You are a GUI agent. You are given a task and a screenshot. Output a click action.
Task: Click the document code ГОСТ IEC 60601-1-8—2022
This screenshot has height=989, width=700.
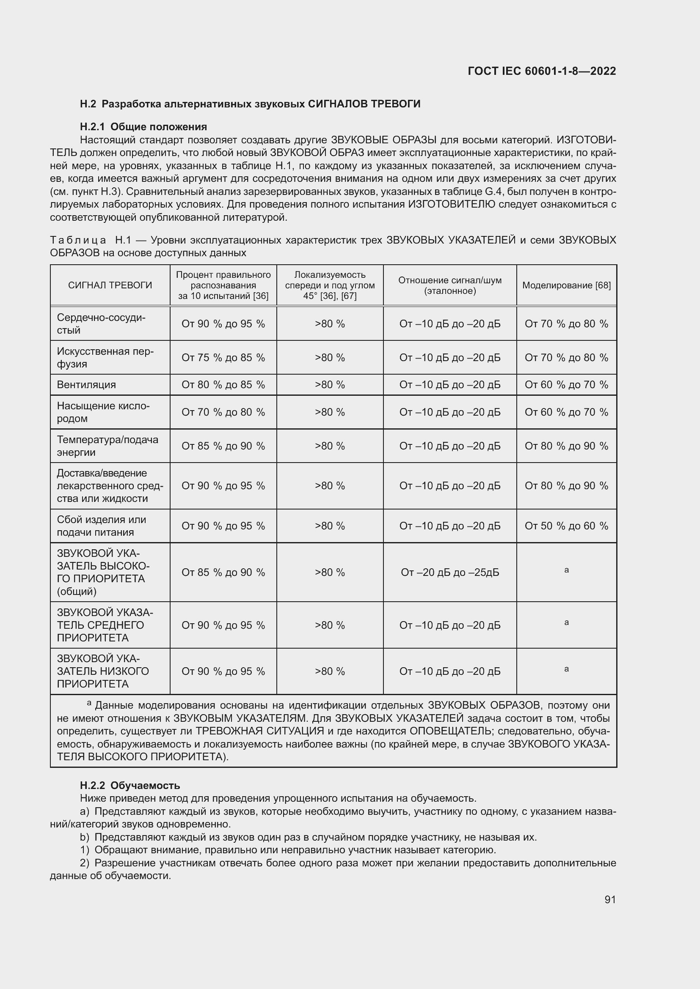tap(541, 71)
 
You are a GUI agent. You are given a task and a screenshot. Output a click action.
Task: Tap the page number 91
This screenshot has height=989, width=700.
tap(610, 899)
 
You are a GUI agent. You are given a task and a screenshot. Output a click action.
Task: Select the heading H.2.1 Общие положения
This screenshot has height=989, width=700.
tap(143, 127)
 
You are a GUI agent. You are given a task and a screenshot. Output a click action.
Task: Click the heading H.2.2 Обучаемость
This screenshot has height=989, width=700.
tap(130, 785)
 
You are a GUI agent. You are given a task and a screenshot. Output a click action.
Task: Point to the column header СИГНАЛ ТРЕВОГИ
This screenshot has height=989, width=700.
tap(110, 285)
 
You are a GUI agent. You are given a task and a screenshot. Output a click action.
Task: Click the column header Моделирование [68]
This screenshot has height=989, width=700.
tap(566, 285)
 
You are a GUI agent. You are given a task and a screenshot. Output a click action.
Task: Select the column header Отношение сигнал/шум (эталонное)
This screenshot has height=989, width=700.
tap(449, 285)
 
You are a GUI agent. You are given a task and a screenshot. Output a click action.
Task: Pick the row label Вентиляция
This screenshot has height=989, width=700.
tap(86, 385)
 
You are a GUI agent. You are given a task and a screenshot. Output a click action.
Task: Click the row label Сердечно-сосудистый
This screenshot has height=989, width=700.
tap(101, 324)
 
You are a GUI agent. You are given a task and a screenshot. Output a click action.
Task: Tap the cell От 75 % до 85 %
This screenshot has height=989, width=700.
tap(223, 358)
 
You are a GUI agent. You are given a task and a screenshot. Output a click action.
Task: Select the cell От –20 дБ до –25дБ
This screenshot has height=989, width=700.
tap(449, 573)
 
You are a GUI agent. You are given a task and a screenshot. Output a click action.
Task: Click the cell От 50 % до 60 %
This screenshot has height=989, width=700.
tap(566, 526)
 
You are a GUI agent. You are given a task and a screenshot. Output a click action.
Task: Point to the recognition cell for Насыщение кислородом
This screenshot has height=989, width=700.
tap(223, 412)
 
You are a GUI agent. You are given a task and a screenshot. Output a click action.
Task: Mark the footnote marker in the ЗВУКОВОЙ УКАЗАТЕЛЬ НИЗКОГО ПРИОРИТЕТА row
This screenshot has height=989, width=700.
tap(566, 669)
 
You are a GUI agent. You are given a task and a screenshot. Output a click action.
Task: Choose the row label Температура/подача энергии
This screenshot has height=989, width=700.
tap(107, 446)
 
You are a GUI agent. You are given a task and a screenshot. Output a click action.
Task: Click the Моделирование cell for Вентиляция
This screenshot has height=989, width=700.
tap(566, 385)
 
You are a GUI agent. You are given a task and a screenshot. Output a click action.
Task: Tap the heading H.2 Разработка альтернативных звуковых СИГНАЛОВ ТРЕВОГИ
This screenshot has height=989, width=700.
tap(250, 104)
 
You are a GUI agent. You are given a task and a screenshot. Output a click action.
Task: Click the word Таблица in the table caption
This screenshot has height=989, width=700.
tap(77, 240)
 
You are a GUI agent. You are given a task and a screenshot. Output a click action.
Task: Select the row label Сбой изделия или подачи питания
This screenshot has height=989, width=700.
tap(101, 526)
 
